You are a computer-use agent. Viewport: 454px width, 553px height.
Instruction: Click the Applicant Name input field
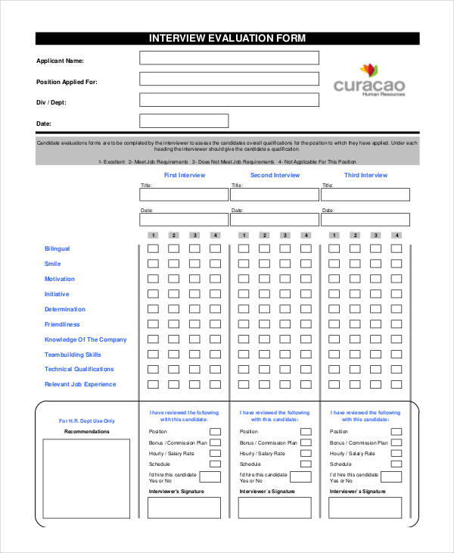pyautogui.click(x=229, y=58)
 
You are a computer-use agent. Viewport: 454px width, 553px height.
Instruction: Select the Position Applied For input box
pyautogui.click(x=229, y=79)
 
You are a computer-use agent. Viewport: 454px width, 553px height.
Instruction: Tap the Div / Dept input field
pyautogui.click(x=229, y=99)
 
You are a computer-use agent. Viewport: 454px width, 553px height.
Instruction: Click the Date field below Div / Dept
pyautogui.click(x=184, y=120)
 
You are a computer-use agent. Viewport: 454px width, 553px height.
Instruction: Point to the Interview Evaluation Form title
pyautogui.click(x=227, y=39)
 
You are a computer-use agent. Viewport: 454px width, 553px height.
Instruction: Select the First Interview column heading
pyautogui.click(x=185, y=175)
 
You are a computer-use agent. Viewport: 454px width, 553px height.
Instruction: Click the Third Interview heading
pyautogui.click(x=365, y=175)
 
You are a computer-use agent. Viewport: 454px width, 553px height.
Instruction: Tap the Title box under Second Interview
pyautogui.click(x=275, y=195)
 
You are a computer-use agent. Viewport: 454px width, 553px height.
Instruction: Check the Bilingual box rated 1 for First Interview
pyautogui.click(x=153, y=248)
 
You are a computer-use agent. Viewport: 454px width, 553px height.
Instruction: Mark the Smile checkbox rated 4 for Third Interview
pyautogui.click(x=396, y=264)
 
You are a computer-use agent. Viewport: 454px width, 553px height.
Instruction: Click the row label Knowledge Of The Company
pyautogui.click(x=86, y=339)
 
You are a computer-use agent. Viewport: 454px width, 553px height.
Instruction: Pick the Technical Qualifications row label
pyautogui.click(x=79, y=369)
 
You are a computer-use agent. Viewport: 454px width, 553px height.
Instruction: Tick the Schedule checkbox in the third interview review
pyautogui.click(x=396, y=464)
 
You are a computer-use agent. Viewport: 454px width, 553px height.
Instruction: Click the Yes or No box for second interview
pyautogui.click(x=300, y=477)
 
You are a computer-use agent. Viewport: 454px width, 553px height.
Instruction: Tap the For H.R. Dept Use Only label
pyautogui.click(x=87, y=421)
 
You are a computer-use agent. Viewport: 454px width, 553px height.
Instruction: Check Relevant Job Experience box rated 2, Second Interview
pyautogui.click(x=264, y=384)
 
